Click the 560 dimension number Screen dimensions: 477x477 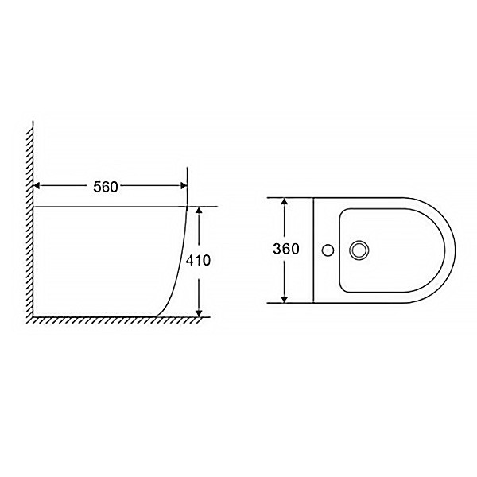tap(105, 187)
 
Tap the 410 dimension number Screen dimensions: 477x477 tap(199, 261)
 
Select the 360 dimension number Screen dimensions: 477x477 tap(285, 249)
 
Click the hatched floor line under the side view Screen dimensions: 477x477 tap(111, 320)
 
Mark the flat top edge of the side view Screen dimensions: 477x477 tap(111, 207)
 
